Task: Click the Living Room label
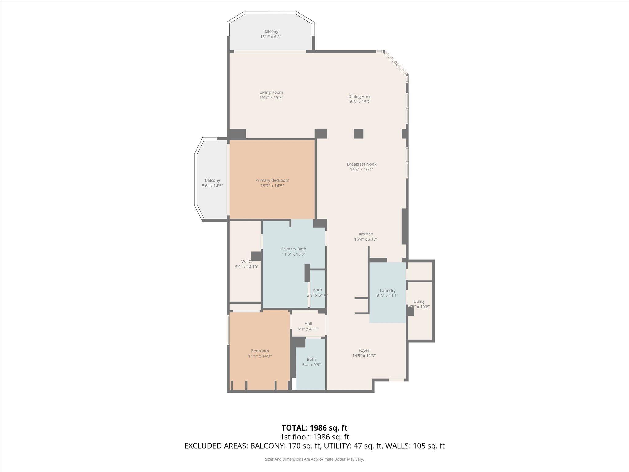coord(271,92)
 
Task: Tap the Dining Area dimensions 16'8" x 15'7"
coord(359,102)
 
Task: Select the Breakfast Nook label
coord(361,164)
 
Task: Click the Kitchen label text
coord(366,234)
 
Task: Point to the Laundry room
coord(387,293)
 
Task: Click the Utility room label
coord(419,301)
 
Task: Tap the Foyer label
coord(364,350)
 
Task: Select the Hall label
coord(308,324)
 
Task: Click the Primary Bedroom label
coord(272,180)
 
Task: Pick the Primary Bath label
coord(294,249)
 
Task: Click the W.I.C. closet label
coord(246,262)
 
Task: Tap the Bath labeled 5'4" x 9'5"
coord(311,362)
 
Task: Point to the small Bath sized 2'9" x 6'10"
coord(317,292)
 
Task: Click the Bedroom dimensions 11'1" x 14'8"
coord(260,356)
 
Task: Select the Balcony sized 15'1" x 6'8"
coord(271,34)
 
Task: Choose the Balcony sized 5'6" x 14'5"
coord(212,183)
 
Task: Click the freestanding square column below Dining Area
coord(358,134)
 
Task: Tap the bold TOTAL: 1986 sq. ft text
coord(314,428)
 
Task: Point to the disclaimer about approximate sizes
coord(314,459)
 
